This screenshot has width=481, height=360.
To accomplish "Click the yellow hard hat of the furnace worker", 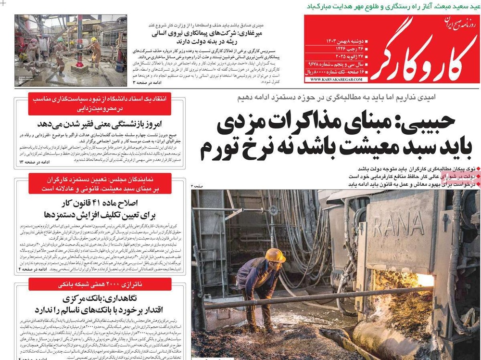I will pyautogui.click(x=275, y=255).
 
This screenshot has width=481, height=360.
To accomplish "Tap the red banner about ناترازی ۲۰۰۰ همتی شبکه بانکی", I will pyautogui.click(x=100, y=284).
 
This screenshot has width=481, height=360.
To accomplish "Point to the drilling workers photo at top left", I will pyautogui.click(x=71, y=50).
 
